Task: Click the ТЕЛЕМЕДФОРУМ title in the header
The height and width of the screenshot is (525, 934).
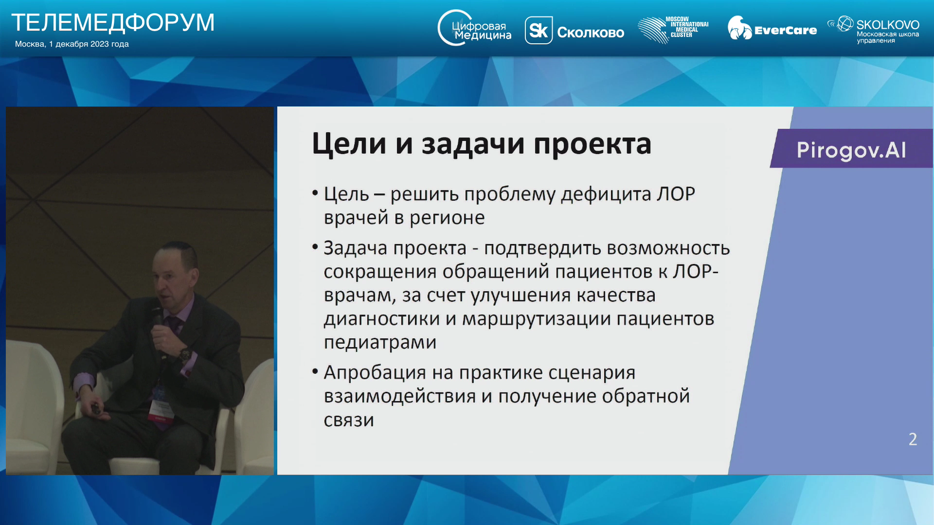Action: click(113, 22)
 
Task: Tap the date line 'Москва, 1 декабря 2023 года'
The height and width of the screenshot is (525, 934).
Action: click(72, 44)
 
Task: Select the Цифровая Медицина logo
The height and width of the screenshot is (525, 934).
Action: click(474, 28)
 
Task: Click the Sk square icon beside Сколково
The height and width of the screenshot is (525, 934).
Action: click(539, 30)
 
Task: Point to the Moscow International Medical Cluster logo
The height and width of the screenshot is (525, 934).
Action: click(673, 29)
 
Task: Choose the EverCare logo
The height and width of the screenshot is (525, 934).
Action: click(772, 28)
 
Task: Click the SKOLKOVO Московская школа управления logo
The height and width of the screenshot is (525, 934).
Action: click(873, 29)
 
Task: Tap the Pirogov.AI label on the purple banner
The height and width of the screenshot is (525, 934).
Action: click(851, 150)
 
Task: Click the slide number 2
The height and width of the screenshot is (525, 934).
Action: click(913, 439)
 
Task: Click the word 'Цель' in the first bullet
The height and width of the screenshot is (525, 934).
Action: click(346, 194)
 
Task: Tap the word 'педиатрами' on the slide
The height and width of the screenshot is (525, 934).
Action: click(380, 343)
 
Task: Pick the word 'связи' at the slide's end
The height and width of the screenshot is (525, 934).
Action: click(349, 420)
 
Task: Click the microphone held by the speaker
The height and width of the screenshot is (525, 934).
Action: click(158, 323)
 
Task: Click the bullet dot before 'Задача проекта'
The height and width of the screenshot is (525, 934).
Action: click(315, 247)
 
